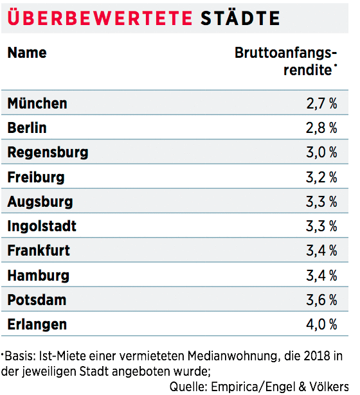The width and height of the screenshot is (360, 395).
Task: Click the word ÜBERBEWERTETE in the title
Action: pos(100,17)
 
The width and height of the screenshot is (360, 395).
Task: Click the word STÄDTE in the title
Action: pos(240,17)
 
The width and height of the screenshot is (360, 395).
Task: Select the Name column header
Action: pos(27,53)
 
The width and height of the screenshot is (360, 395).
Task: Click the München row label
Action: pos(37,103)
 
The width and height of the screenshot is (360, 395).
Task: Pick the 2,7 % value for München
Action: pos(321,103)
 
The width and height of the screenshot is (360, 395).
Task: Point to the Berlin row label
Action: pos(27,128)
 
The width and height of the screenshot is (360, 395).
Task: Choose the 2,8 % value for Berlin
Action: pos(321,128)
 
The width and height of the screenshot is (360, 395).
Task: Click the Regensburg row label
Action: pos(48,153)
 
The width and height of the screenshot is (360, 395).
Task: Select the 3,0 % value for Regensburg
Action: pos(321,153)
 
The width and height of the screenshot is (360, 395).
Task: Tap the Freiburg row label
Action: pos(36,177)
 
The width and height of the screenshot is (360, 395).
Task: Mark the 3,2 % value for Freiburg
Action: pos(321,177)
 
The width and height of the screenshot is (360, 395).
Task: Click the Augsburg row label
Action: pos(40,202)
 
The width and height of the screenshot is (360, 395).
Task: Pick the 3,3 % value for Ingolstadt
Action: pos(321,226)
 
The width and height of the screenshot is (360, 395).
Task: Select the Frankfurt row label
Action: pos(39,250)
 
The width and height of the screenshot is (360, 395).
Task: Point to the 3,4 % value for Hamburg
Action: pos(321,276)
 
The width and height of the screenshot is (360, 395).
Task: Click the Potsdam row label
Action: pos(37,300)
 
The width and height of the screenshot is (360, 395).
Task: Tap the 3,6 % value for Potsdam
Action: pos(321,300)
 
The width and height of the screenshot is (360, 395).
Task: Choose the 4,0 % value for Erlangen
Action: pos(321,324)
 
